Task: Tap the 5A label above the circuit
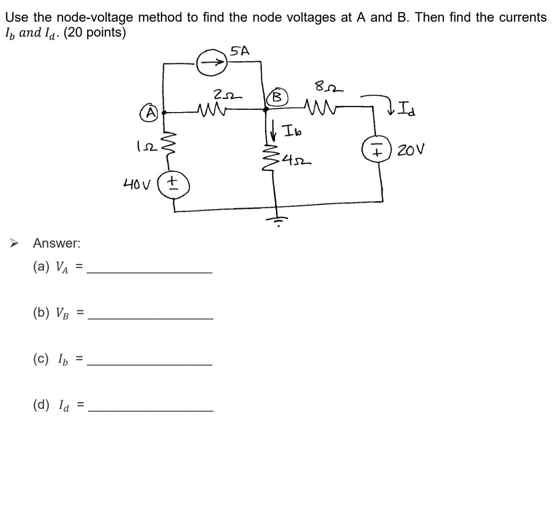coord(239,51)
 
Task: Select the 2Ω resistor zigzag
coord(211,109)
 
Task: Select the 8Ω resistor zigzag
coord(321,108)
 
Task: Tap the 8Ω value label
coord(328,86)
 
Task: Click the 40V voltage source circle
coord(173,185)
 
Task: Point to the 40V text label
coord(136,184)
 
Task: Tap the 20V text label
coord(411,150)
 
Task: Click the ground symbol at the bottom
coord(277,220)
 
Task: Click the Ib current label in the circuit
coord(292,131)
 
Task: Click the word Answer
coord(56,243)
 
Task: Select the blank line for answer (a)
coord(149,272)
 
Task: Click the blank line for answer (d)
coord(150,410)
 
